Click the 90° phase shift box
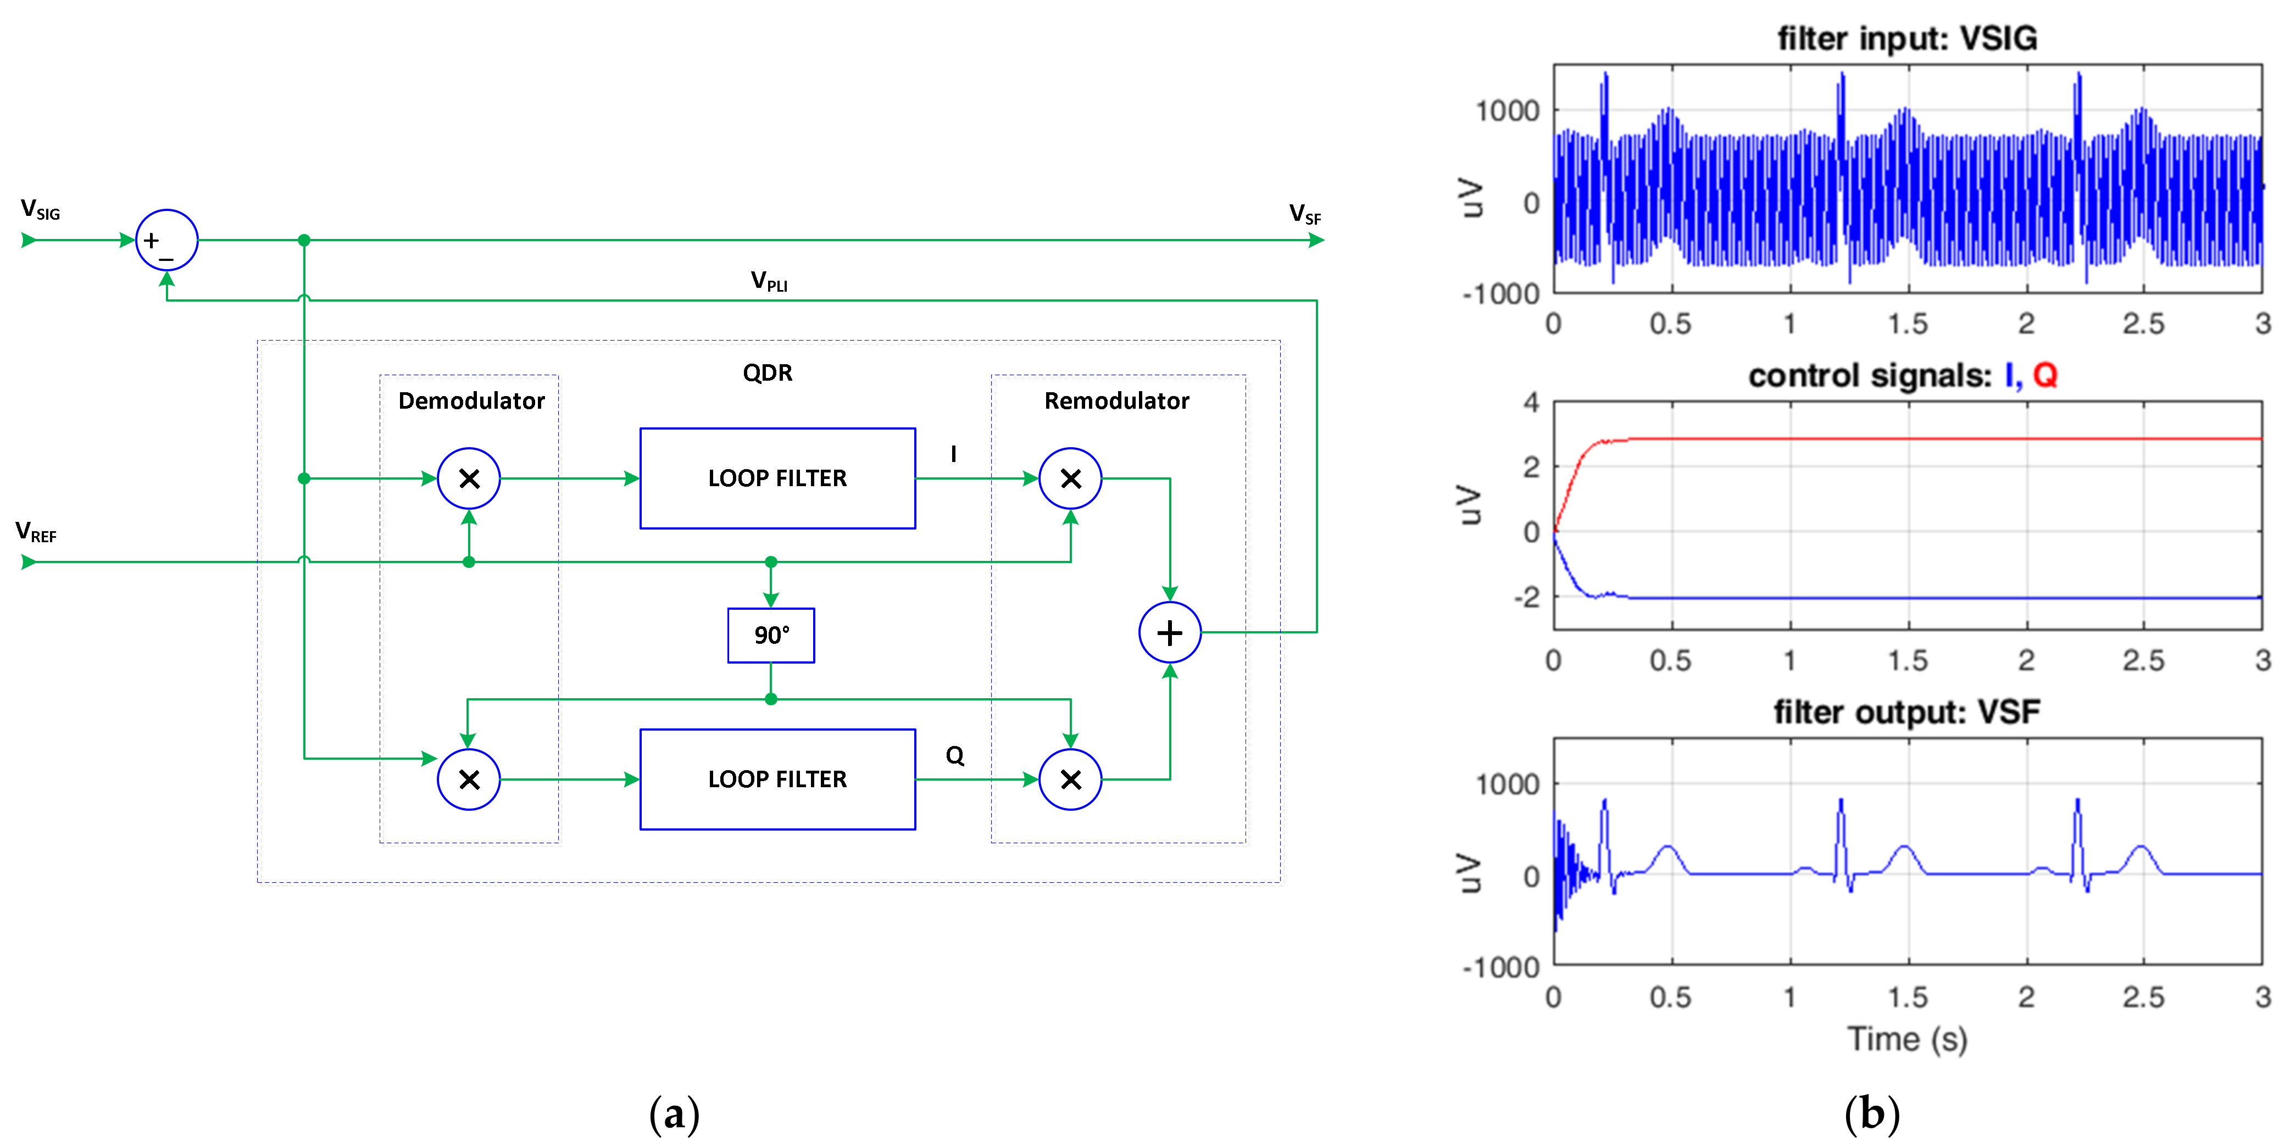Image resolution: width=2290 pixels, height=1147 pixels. (x=771, y=635)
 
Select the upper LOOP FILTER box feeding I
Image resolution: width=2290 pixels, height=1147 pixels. (x=777, y=478)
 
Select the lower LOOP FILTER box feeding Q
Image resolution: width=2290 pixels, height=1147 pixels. (x=777, y=779)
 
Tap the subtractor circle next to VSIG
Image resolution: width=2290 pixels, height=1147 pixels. (x=166, y=240)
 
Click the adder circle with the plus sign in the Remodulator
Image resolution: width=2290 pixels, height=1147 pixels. (x=1170, y=632)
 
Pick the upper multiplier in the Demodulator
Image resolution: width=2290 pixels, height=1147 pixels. (x=469, y=478)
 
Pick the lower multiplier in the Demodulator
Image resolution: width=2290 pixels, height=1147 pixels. (x=469, y=779)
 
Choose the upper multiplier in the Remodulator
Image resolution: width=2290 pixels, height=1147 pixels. (x=1070, y=478)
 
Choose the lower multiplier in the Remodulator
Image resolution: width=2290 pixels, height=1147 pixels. (x=1070, y=779)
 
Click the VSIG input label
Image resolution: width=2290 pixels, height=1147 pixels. (x=40, y=211)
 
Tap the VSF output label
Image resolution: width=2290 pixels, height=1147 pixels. (x=1305, y=214)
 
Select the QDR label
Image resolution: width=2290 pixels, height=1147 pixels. (x=767, y=372)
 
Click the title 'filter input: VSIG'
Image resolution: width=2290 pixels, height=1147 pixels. (x=1907, y=38)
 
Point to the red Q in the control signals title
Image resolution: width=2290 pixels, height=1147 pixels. (x=2044, y=375)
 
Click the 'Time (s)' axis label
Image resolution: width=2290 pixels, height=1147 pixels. (x=1907, y=1039)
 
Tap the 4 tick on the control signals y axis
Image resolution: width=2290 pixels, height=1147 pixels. (x=1531, y=402)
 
